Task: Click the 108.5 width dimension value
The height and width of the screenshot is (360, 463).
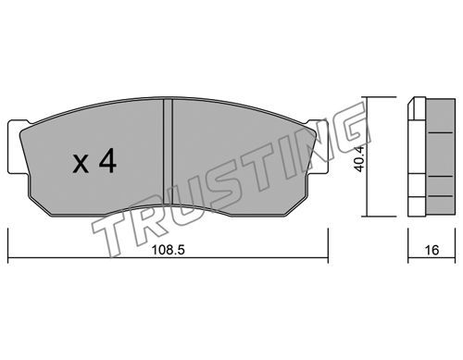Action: (x=168, y=250)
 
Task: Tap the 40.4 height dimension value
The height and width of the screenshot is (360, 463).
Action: (x=359, y=158)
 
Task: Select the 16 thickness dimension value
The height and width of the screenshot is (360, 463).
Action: (x=432, y=250)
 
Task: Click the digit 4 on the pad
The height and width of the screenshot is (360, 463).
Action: (x=107, y=160)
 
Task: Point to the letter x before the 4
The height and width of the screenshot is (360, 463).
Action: (x=81, y=164)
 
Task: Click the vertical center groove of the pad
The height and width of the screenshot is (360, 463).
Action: (x=168, y=152)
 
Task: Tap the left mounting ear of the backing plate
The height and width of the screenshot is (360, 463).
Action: (x=16, y=147)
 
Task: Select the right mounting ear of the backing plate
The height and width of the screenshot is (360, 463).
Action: (x=319, y=147)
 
